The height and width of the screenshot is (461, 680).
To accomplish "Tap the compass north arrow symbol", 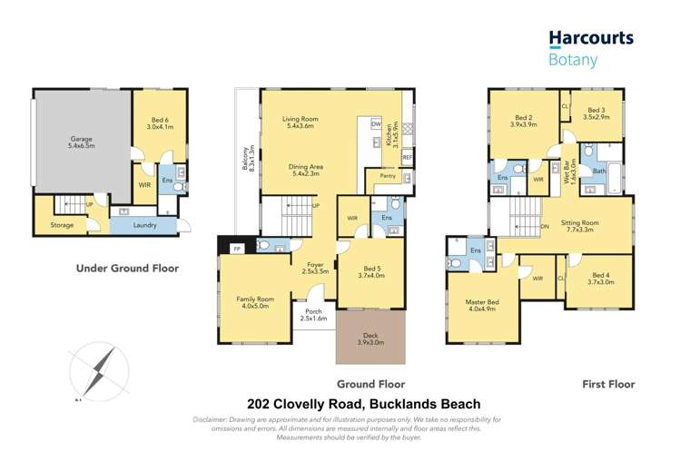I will (94, 370).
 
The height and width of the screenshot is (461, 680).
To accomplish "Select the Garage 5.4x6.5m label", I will (83, 144).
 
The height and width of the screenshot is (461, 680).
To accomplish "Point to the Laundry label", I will (144, 225).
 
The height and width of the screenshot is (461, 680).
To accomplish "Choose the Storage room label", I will (62, 225).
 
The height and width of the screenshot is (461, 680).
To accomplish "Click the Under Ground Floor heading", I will (127, 268).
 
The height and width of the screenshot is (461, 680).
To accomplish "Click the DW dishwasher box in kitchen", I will (375, 124).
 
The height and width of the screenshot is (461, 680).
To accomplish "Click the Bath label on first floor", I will (599, 171).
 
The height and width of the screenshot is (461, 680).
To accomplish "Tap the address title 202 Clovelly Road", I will (364, 404).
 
